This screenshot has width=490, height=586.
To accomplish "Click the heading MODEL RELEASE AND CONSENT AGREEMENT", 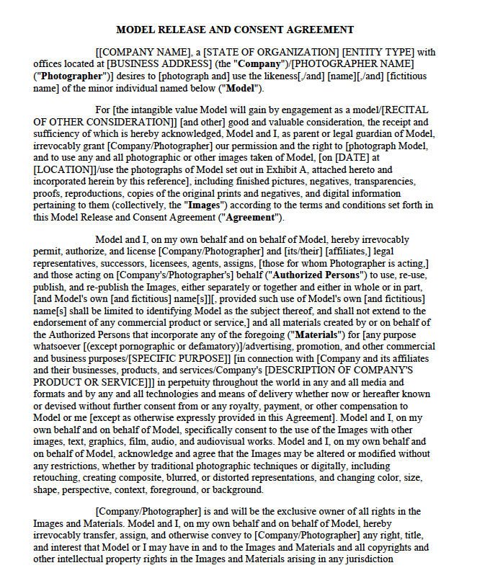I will (x=235, y=30).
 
